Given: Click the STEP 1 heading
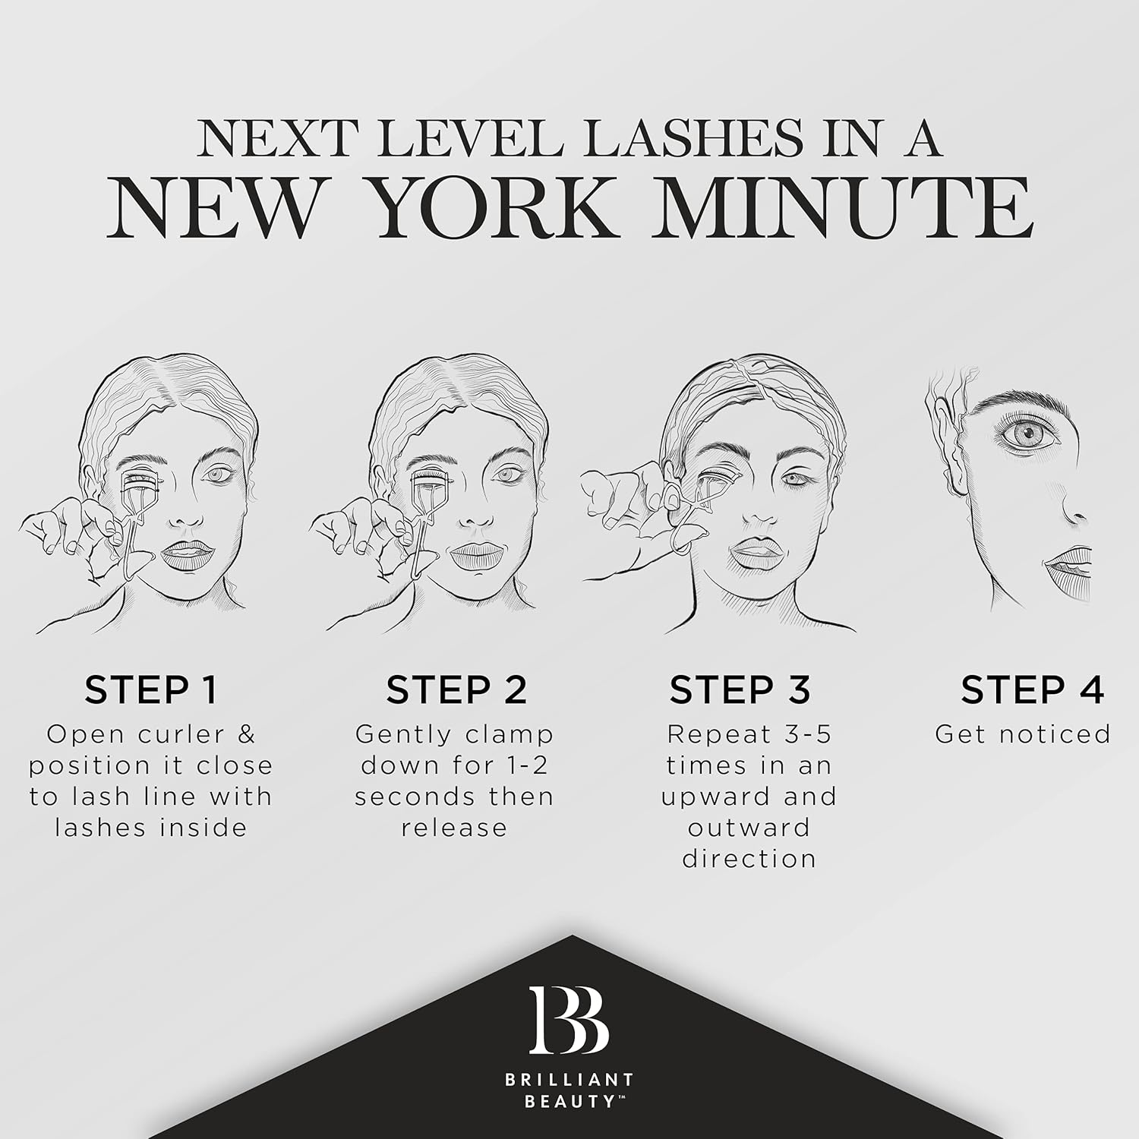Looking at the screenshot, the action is [151, 689].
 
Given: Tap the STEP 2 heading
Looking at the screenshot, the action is [456, 689].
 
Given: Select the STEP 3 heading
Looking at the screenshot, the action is [740, 689].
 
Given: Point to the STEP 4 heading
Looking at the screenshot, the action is [1032, 689].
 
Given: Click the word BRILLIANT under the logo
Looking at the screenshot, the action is [569, 1079].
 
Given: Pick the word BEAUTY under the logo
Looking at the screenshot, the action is [569, 1101].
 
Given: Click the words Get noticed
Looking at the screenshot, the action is [1023, 734].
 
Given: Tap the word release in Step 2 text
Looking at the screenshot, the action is [454, 827].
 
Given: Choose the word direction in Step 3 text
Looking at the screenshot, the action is [749, 858].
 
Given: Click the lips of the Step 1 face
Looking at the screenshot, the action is [187, 555].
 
